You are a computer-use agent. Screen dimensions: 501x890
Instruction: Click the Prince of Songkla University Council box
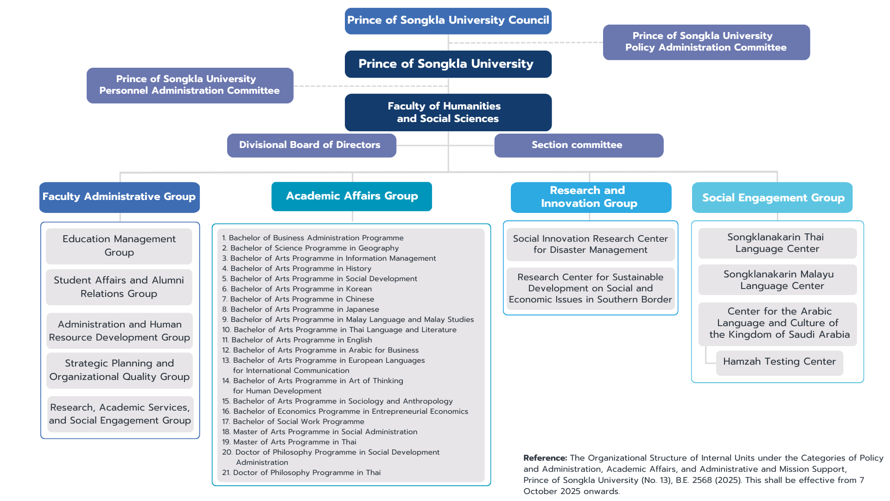448,21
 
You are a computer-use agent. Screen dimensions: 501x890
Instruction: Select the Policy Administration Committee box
706,42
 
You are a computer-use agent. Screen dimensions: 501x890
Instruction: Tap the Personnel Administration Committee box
190,85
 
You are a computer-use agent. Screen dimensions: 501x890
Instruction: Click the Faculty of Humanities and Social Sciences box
448,112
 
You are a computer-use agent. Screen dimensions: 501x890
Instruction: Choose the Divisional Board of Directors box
311,145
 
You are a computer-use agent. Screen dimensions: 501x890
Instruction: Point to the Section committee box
578,145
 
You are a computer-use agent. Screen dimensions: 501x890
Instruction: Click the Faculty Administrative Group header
119,197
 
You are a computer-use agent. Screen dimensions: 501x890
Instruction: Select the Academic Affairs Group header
351,196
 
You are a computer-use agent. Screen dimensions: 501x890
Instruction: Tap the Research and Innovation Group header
591,197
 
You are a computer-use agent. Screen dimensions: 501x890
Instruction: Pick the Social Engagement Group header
772,198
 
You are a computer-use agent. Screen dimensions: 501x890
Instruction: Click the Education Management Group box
119,246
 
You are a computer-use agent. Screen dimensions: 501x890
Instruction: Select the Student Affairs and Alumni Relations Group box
119,287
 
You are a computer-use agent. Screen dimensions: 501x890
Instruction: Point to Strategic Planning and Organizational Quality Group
120,370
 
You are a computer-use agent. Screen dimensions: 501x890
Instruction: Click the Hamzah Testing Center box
779,362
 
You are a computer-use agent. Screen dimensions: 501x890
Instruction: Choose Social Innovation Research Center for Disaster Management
590,244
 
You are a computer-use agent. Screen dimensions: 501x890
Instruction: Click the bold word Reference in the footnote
545,458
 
